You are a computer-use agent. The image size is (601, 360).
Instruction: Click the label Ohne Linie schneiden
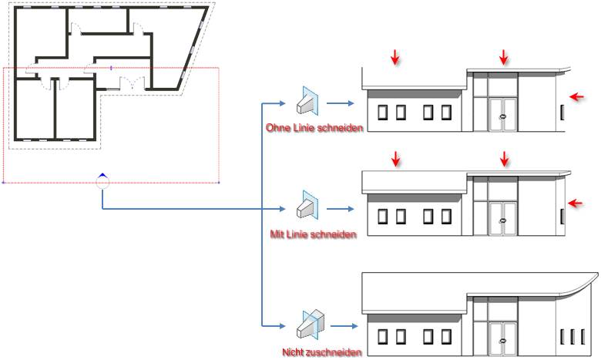point(314,127)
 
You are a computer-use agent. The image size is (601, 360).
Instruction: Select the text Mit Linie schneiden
point(313,234)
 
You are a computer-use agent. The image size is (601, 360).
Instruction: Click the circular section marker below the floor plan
point(102,182)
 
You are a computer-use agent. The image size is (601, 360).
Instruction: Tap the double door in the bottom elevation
point(503,336)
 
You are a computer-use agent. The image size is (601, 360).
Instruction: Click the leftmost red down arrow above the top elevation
point(395,56)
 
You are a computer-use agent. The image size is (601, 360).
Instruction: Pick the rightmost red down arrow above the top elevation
point(504,56)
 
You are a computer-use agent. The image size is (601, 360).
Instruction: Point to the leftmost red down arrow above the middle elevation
point(395,160)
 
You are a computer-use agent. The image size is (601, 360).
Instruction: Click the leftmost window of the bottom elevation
point(383,336)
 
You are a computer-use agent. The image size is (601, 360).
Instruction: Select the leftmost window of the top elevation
point(383,113)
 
